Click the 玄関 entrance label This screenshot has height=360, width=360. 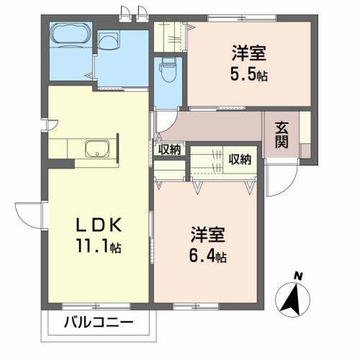click(x=282, y=134)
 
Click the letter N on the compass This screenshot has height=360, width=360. click(x=297, y=275)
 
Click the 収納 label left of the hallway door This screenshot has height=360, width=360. click(x=171, y=150)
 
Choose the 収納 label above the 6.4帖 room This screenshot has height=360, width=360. click(x=240, y=159)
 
